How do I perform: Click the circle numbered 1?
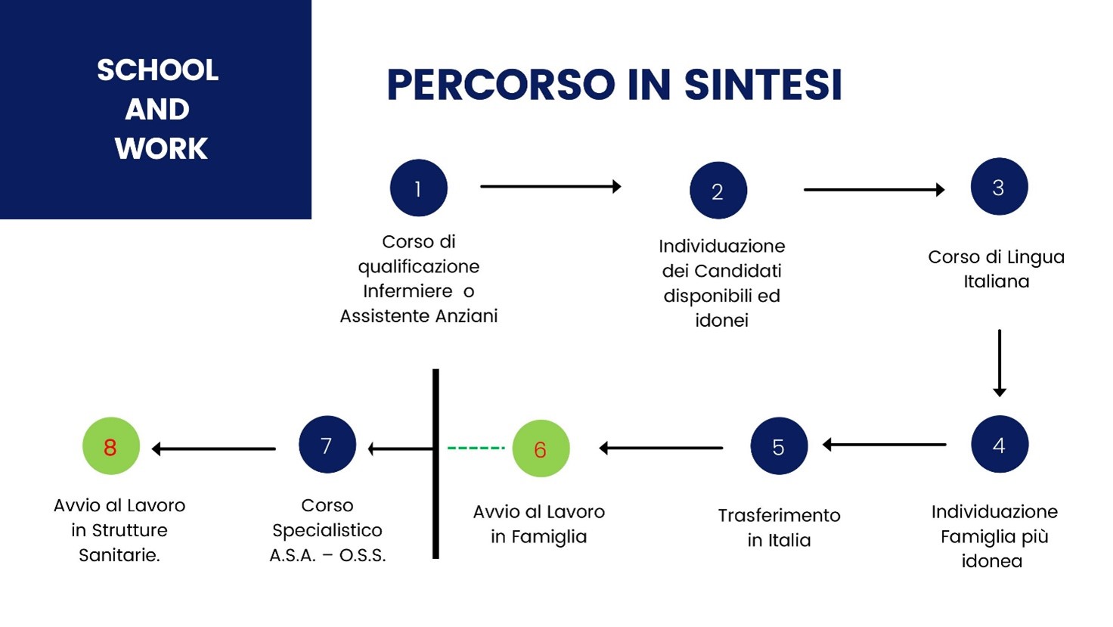pos(418,188)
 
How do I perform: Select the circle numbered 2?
pos(718,191)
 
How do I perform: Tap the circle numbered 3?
pos(999,186)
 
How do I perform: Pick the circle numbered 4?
pos(1000,444)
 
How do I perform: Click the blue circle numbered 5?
pos(779,445)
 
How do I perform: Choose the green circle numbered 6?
pos(541,449)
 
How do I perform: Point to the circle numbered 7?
pos(327,444)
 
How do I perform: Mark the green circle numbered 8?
pos(111,445)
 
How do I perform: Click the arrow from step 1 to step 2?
pos(550,186)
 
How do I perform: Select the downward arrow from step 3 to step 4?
pos(1000,363)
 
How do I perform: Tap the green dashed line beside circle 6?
pos(476,449)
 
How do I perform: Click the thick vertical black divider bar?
pos(436,464)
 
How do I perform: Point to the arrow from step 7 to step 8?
pos(214,449)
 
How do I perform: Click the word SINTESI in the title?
pos(763,85)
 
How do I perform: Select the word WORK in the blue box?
pos(161,148)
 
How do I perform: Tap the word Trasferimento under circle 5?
pos(779,515)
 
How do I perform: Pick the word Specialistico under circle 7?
pos(327,531)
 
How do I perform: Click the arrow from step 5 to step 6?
pos(661,448)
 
